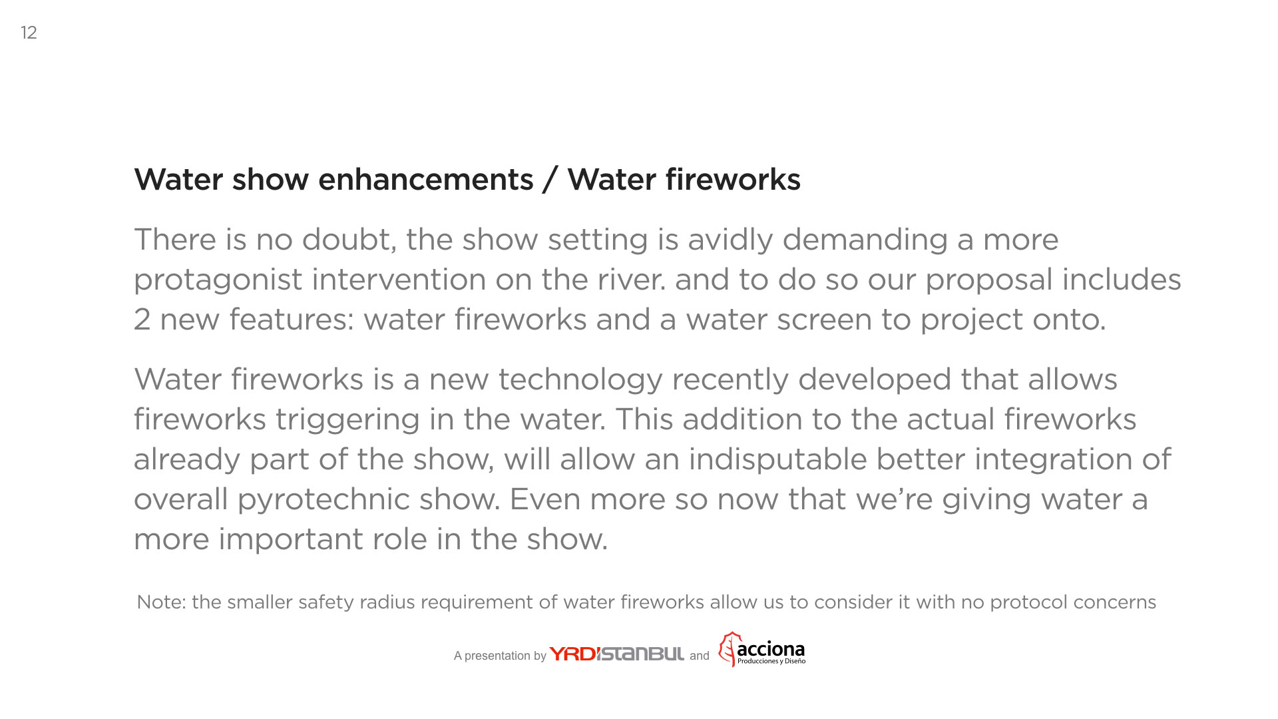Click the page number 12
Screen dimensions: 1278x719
click(29, 33)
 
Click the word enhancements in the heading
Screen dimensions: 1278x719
click(426, 180)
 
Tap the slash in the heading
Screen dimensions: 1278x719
click(550, 180)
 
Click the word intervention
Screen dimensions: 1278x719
click(399, 280)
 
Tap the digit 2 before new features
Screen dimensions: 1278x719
click(142, 320)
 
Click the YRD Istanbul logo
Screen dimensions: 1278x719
click(616, 654)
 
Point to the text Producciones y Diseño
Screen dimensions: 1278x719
click(771, 661)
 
